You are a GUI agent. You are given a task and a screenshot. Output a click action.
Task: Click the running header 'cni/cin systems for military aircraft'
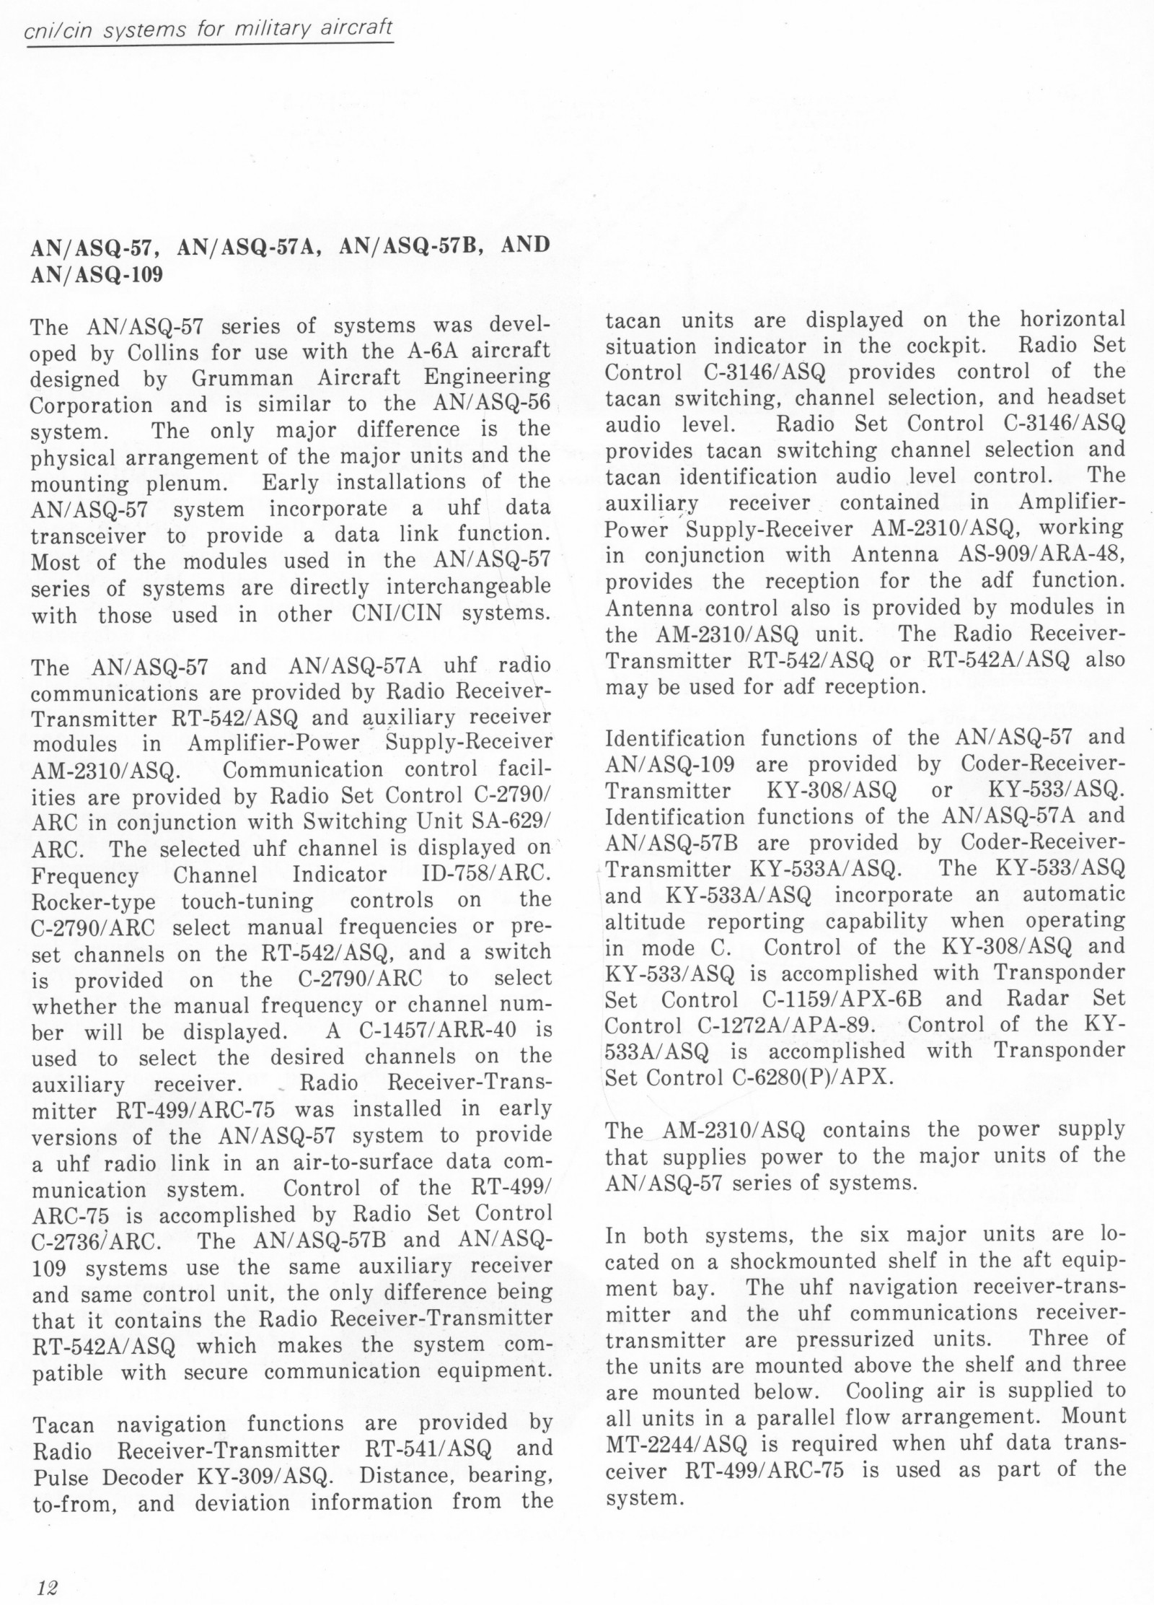(x=209, y=29)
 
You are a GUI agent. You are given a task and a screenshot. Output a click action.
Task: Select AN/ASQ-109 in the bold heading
(x=97, y=275)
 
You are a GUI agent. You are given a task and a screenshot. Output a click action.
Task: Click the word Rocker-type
(x=94, y=902)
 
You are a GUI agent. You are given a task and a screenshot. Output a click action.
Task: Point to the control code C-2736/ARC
(x=97, y=1241)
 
